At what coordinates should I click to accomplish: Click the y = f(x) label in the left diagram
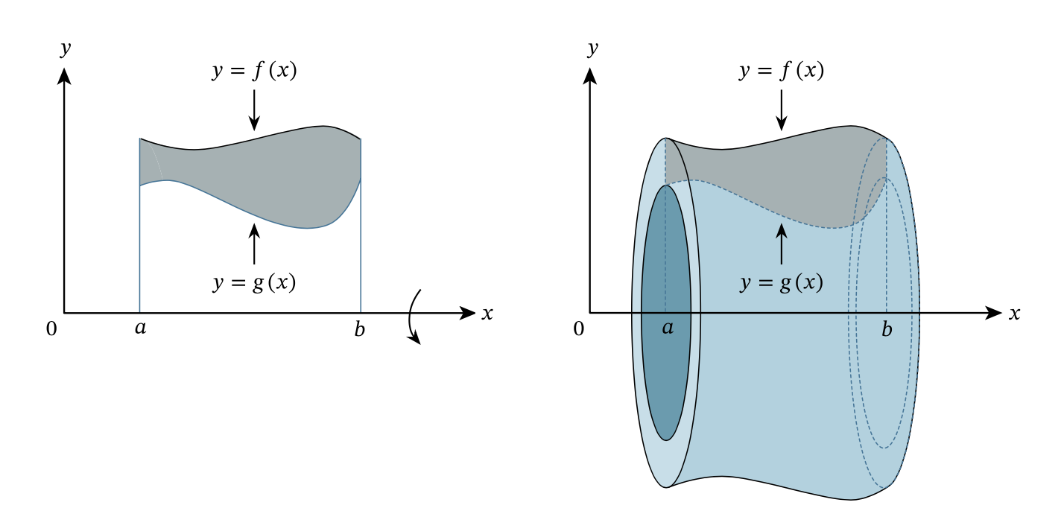tap(255, 71)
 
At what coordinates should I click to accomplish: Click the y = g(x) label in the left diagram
tap(255, 282)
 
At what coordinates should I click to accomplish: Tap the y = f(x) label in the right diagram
tap(782, 71)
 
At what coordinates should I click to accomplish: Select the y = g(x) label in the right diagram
tap(782, 282)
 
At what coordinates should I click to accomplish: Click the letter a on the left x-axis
tap(141, 328)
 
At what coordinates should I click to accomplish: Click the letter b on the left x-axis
tap(360, 329)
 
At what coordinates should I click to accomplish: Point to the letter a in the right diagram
tap(668, 327)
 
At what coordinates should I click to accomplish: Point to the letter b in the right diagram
tap(887, 329)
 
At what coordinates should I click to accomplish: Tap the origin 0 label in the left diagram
tap(51, 329)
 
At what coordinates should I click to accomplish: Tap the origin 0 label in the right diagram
tap(578, 329)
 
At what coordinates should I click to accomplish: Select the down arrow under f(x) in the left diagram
tap(254, 110)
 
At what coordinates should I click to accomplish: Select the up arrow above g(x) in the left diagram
tap(254, 244)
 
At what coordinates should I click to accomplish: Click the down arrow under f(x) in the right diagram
tap(782, 110)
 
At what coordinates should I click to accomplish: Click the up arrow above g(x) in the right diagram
tap(782, 244)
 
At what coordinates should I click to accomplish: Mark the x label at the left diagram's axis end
tap(487, 314)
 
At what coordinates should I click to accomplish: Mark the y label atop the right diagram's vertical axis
tap(592, 48)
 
